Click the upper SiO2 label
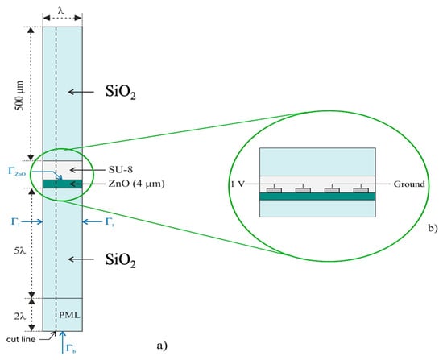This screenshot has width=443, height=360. [121, 92]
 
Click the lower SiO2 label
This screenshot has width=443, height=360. [121, 260]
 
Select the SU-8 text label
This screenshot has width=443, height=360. [121, 170]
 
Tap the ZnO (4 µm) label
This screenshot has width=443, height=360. [136, 184]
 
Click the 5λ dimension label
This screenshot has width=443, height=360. [20, 250]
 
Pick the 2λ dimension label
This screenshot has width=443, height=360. [20, 317]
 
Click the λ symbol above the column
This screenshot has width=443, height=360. [61, 10]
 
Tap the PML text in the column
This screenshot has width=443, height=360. [69, 315]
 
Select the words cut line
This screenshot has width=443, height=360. [21, 339]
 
